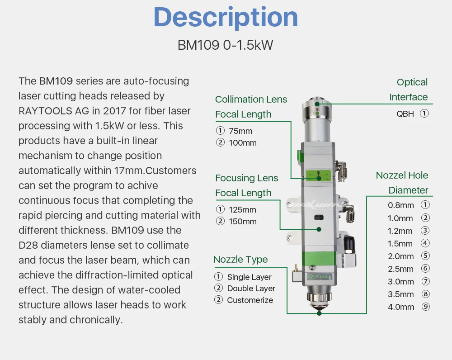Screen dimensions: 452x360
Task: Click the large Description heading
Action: click(226, 18)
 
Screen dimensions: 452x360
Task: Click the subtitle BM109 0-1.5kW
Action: click(225, 45)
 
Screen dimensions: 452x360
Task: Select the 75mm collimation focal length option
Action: click(240, 131)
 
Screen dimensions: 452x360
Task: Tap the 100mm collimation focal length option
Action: click(243, 143)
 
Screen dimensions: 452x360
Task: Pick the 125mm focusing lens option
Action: click(242, 210)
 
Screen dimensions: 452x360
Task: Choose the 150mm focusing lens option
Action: click(243, 222)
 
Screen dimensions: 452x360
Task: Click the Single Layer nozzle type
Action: click(249, 277)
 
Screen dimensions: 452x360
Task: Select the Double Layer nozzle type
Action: click(251, 289)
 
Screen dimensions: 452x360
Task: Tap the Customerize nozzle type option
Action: click(250, 300)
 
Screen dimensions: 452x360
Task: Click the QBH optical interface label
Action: click(405, 114)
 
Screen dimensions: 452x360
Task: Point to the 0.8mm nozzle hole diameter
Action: click(400, 205)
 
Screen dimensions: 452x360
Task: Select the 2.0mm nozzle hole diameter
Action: click(400, 256)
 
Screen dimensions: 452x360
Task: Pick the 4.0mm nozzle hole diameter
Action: click(400, 307)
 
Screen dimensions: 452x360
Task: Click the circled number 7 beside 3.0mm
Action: click(425, 281)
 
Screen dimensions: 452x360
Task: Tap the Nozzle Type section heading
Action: click(240, 260)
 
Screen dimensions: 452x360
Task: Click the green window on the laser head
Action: click(319, 175)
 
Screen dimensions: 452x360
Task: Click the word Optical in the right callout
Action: click(412, 82)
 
